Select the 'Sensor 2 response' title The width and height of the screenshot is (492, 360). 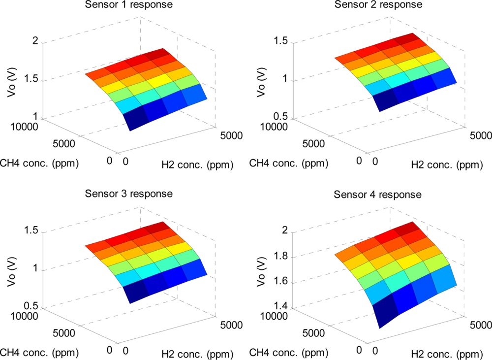(x=378, y=5)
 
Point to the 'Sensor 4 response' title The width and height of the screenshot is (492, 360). (x=378, y=195)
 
